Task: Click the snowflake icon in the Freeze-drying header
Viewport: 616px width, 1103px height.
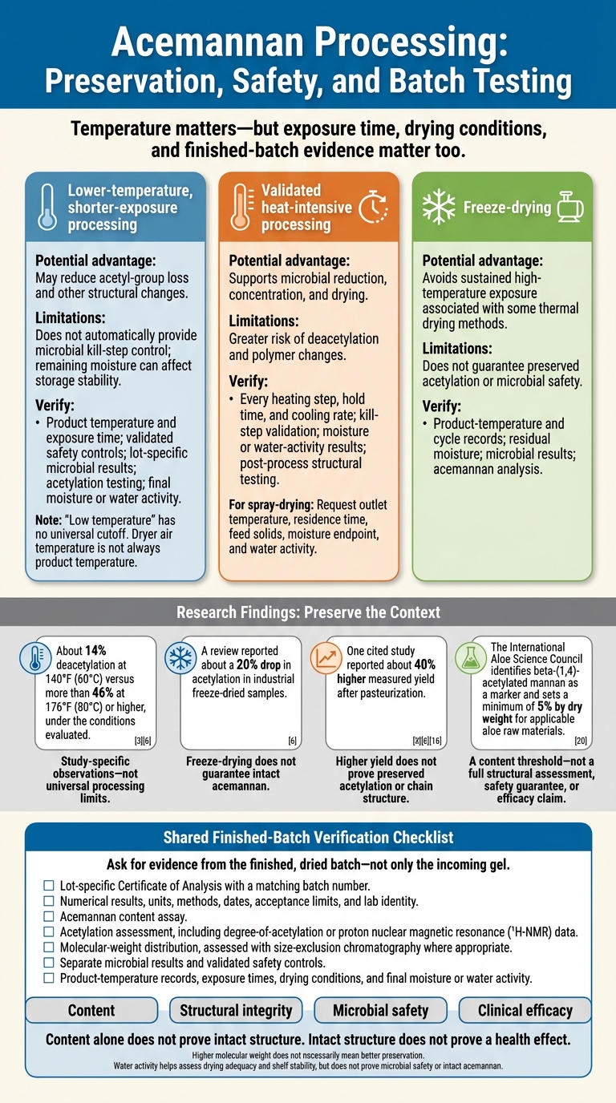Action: coord(439,207)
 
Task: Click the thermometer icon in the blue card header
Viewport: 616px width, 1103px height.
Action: coord(47,208)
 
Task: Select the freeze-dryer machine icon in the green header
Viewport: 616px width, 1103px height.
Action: coord(570,207)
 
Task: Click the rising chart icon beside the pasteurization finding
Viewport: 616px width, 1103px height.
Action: coord(326,658)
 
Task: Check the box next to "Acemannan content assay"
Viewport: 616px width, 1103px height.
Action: coord(49,916)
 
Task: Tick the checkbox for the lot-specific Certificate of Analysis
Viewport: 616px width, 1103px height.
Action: coord(49,885)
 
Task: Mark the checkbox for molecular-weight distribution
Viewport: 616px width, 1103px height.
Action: coord(49,947)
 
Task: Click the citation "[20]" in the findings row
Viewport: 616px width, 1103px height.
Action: coord(581,741)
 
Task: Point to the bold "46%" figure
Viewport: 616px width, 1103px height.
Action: coord(103,693)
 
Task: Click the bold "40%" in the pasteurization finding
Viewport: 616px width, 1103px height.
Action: coord(425,665)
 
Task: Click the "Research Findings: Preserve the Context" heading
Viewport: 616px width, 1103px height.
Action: coord(308,612)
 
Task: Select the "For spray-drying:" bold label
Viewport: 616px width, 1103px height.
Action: coord(271,505)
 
